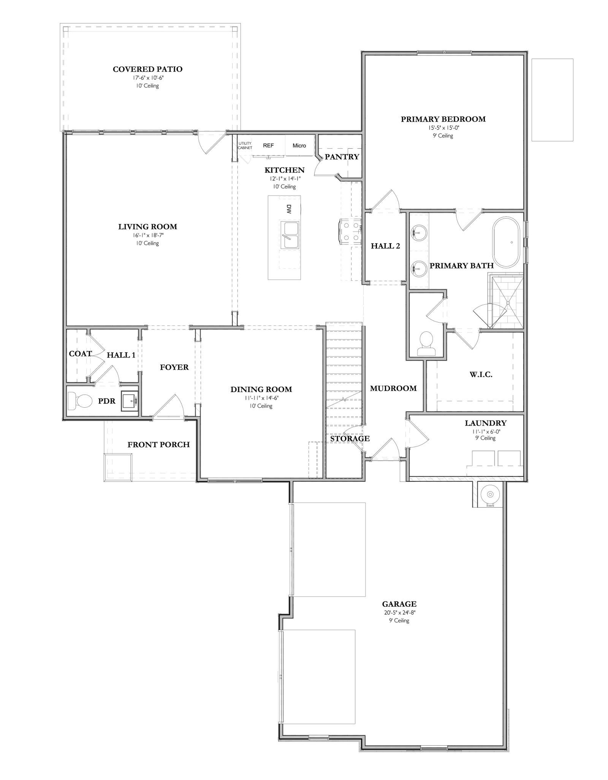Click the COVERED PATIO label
pos(147,69)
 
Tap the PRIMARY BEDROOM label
pos(443,119)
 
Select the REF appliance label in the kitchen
pos(268,146)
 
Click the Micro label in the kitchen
pos(299,146)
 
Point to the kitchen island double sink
pos(290,235)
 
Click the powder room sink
pos(130,400)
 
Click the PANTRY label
pos(342,157)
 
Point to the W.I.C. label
pos(481,375)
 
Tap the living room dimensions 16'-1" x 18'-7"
pos(147,235)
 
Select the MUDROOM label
pos(393,388)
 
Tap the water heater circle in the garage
pos(490,494)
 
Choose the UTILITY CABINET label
pos(245,146)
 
